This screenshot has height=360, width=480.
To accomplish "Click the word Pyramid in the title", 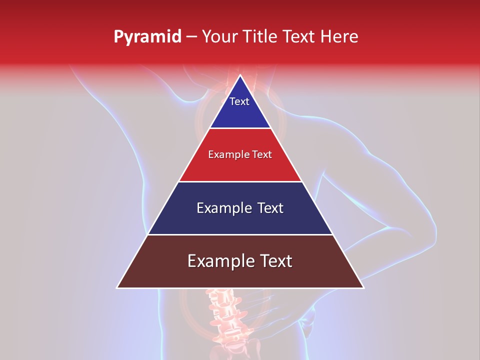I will coord(147,37).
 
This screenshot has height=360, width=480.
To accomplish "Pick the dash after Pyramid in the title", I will coord(191,37).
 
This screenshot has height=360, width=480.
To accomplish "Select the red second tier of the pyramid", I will coord(240,167).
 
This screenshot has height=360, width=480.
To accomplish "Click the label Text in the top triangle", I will coord(239,101).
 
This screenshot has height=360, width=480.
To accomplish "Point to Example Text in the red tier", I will coord(240,154).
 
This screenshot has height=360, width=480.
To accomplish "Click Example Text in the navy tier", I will coord(240,208).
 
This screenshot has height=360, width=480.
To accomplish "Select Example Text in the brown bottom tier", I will coord(240,261).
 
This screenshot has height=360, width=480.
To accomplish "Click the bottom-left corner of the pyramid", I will coord(117,287).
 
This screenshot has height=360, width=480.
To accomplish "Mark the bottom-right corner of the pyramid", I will coord(363,287).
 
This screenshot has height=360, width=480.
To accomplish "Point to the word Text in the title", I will coord(300,37).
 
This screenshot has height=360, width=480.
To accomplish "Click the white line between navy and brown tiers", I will coord(240,234).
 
